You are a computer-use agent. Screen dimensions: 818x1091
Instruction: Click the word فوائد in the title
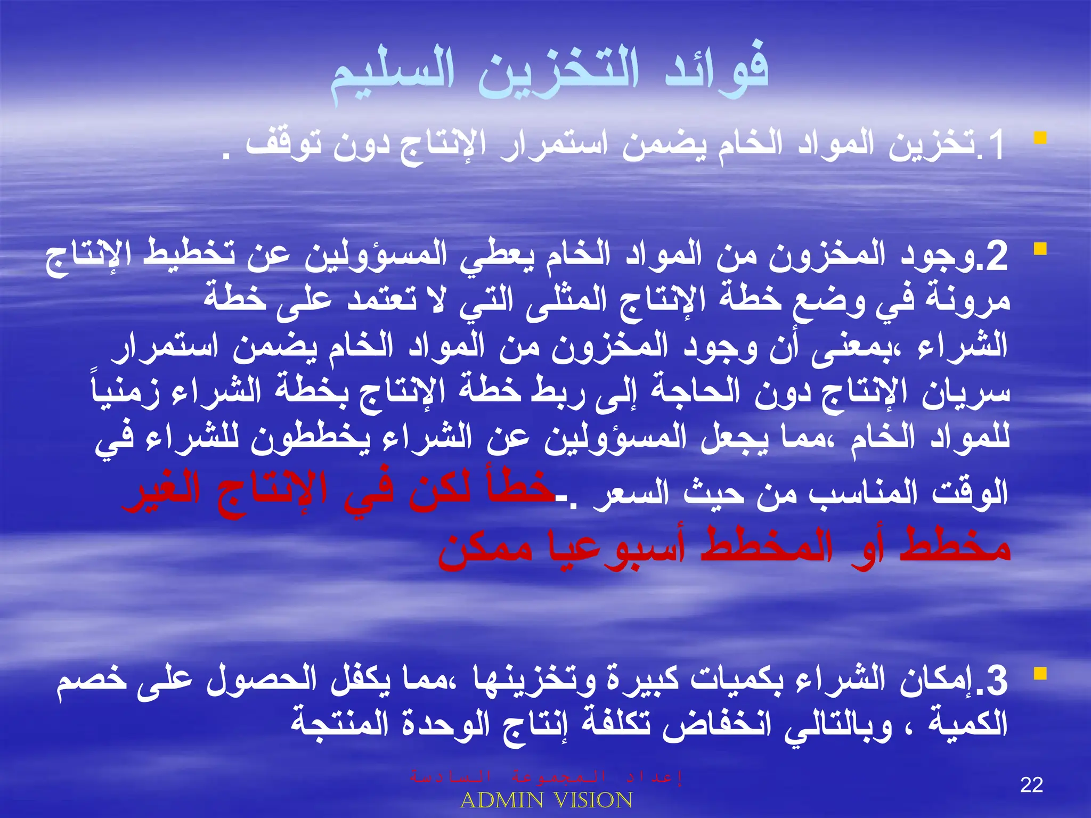[x=717, y=75]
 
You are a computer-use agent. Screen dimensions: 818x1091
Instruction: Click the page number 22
[x=1031, y=786]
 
